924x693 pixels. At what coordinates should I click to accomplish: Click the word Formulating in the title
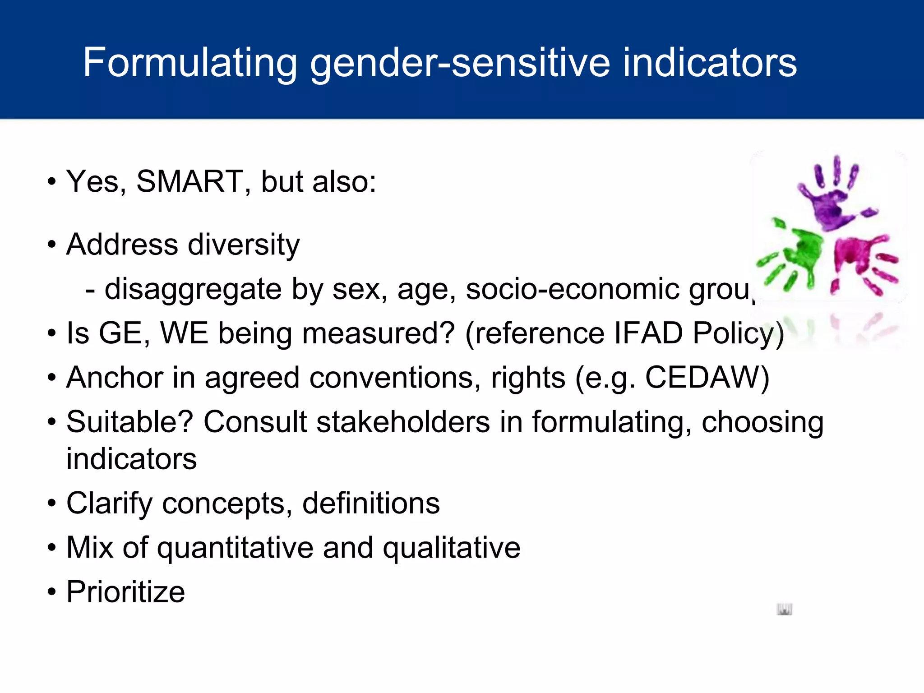[190, 64]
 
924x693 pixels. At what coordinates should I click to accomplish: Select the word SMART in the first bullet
[189, 181]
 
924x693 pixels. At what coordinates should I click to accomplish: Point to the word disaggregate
[193, 290]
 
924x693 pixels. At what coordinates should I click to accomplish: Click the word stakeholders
[403, 422]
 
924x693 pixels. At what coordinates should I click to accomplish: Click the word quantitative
[235, 548]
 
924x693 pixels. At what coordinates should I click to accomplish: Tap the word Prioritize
[125, 592]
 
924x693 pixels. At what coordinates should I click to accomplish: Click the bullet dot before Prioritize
[52, 591]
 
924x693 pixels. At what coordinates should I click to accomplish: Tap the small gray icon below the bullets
[785, 609]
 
